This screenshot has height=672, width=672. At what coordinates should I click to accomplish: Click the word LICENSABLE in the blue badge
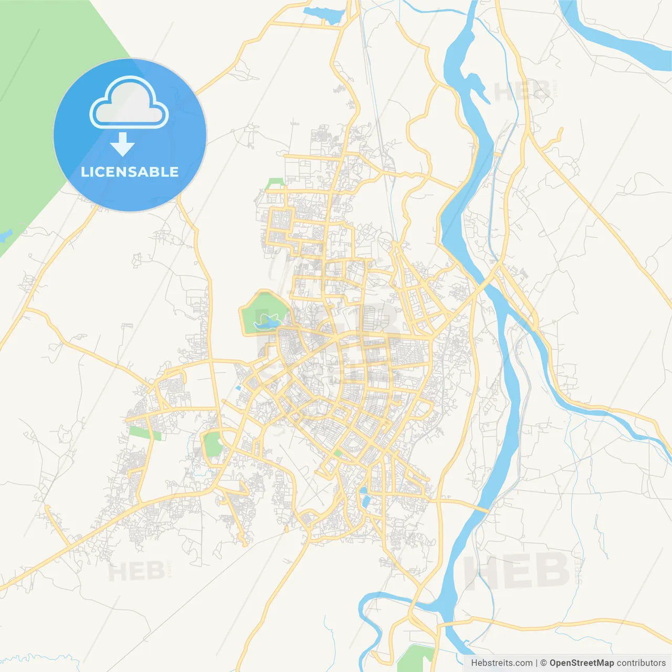point(130,172)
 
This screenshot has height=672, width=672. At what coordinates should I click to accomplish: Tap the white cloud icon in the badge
point(129,104)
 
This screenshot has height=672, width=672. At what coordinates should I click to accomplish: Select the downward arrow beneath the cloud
point(122,144)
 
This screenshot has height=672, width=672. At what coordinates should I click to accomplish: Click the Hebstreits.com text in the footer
point(501,663)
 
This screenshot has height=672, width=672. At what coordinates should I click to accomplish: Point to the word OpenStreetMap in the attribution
point(581,663)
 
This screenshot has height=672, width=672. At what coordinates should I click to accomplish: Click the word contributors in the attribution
point(641,663)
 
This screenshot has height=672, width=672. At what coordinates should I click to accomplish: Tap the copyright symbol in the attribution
point(543,663)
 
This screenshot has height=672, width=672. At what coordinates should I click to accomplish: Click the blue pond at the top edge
point(323,14)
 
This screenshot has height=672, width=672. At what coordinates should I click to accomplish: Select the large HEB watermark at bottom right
point(517,571)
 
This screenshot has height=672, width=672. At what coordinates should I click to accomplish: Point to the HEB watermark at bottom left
point(136,571)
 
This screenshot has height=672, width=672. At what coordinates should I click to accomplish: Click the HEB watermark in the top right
point(523,91)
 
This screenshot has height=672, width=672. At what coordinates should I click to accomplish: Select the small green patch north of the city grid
point(275,183)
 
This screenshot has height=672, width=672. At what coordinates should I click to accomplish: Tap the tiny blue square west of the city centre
point(238,388)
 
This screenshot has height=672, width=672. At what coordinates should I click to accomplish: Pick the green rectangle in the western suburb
point(144,433)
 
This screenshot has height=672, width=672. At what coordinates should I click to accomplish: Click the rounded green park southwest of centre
point(213,444)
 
